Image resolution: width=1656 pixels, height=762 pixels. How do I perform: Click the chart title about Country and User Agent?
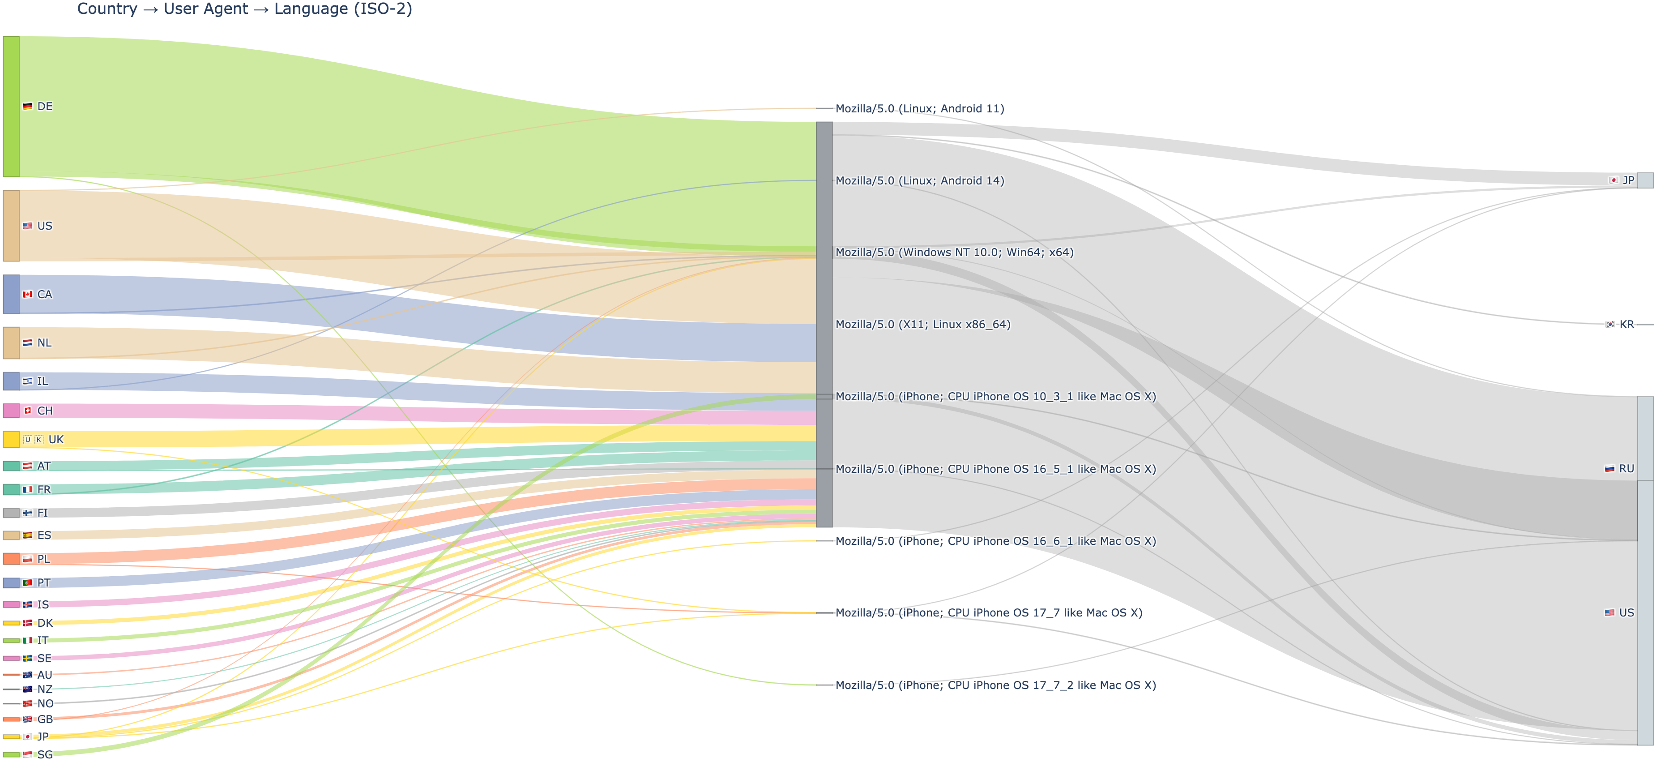[x=244, y=9]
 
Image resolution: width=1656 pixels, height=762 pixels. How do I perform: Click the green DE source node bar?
[x=11, y=106]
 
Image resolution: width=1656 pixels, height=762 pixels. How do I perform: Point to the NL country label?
[x=44, y=343]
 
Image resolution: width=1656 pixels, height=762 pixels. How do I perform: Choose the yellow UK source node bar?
[x=11, y=439]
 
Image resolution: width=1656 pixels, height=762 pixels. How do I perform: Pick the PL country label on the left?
[x=43, y=559]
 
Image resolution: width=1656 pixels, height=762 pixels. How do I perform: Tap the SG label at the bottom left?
[x=45, y=754]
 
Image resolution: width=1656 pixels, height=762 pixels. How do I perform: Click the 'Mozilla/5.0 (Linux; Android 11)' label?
[x=919, y=109]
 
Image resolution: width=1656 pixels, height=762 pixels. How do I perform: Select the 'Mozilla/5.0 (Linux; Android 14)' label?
[x=919, y=181]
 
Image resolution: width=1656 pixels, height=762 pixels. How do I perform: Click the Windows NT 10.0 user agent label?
[x=954, y=252]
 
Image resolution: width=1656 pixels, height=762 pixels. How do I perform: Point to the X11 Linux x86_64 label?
[x=922, y=324]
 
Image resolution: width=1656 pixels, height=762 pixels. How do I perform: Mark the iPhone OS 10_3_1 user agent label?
[x=995, y=396]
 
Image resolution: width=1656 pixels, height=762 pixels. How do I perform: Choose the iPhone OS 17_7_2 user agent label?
[x=995, y=685]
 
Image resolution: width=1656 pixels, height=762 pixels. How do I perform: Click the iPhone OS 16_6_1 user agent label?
[x=995, y=541]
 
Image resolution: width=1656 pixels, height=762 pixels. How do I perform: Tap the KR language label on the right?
[x=1626, y=324]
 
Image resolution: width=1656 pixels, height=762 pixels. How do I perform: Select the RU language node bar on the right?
[x=1645, y=439]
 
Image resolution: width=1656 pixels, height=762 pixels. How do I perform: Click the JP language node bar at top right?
[x=1645, y=180]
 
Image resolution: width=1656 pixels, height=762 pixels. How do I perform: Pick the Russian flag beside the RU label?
[x=1610, y=469]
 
